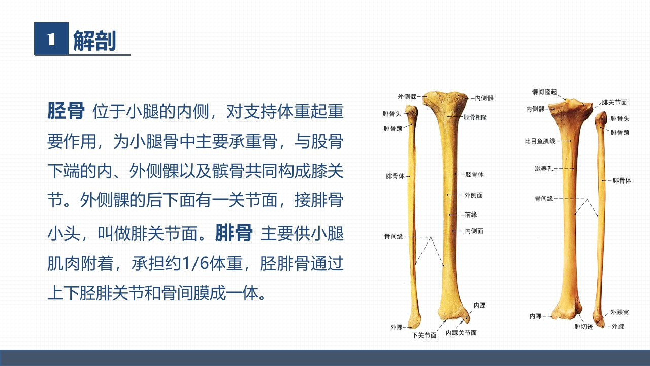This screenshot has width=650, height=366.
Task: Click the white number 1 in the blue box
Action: point(51,39)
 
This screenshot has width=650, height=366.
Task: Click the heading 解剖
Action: point(94,41)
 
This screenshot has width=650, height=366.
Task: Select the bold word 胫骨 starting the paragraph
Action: point(66,111)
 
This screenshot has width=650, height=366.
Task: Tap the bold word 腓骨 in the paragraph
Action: point(234,233)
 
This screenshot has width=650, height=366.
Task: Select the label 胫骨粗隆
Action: point(475,117)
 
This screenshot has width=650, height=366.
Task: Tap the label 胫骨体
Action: point(474,175)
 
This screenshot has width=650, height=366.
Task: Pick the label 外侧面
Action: point(473,195)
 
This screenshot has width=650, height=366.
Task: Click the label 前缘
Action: point(471,215)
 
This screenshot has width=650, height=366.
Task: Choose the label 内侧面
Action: point(474,231)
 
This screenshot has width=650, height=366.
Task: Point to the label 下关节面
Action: point(424,335)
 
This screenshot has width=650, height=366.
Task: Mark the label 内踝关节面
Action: point(461,333)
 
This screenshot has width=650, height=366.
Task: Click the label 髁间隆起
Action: point(544,92)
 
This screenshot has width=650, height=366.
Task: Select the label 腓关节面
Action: point(614,102)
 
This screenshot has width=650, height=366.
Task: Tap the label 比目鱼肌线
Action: point(540,141)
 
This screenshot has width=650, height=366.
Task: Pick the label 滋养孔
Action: point(544,168)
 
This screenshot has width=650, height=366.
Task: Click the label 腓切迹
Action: point(583,327)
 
